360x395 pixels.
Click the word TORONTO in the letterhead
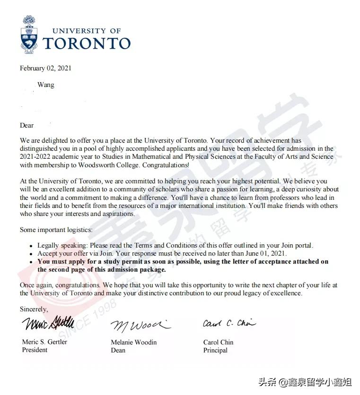pos(87,43)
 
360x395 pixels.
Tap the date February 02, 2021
pos(45,68)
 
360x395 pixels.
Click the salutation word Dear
pos(27,125)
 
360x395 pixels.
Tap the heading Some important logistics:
pos(56,230)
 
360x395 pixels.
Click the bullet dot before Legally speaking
pos(31,246)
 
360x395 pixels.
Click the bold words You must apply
pos(61,261)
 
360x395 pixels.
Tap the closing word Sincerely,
pos(34,309)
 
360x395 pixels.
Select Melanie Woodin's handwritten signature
pos(140,325)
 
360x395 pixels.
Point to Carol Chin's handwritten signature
pos(229,324)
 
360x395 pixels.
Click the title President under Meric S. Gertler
pos(35,350)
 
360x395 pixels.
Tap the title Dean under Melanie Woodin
pos(118,351)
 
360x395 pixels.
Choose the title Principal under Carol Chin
pos(215,351)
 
